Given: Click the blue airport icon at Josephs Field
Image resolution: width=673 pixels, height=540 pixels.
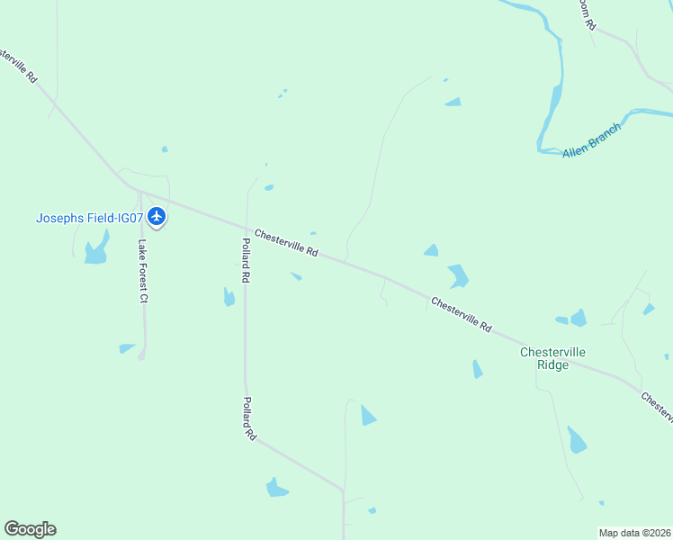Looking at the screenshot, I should (157, 216).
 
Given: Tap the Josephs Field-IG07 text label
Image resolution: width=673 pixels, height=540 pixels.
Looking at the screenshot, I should (89, 218).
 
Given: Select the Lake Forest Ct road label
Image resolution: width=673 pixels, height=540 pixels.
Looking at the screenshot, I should (142, 271).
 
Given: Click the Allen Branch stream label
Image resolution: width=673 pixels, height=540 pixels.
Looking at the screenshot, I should (592, 139).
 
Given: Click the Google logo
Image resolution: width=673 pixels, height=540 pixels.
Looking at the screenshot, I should (30, 528).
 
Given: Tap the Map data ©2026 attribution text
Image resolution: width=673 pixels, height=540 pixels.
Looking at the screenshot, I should (634, 533).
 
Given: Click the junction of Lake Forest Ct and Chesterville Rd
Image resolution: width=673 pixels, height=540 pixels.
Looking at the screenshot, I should (140, 191).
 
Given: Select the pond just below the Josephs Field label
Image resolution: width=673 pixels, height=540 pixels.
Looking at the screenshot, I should (96, 251).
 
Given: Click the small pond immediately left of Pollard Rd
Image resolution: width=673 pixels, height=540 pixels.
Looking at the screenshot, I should (229, 297).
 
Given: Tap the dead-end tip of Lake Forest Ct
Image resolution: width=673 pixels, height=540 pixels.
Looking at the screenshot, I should (141, 357).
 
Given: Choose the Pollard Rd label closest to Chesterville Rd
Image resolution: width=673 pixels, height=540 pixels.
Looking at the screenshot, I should (245, 262).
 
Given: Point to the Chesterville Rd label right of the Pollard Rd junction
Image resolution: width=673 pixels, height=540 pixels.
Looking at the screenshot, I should (287, 243).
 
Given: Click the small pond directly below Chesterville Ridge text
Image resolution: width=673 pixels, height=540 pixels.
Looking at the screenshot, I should (576, 441).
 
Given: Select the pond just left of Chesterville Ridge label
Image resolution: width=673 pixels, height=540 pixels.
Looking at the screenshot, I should (477, 369).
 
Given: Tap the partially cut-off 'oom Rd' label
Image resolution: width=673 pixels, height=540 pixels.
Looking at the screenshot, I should (588, 15).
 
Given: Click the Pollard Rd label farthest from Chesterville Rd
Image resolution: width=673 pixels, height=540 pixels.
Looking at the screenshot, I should (249, 418).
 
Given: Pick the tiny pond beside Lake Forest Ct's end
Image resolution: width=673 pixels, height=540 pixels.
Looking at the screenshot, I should (126, 348).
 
